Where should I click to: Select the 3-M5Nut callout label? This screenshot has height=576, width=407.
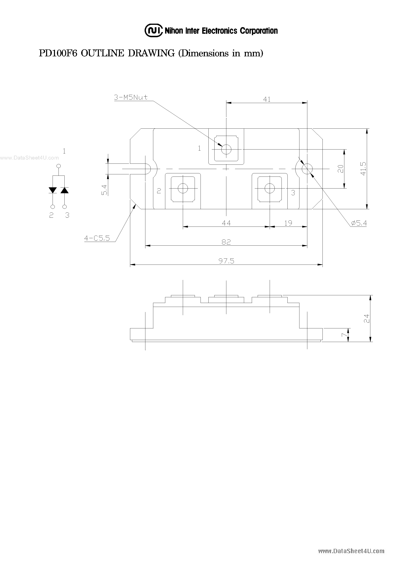[x=131, y=97]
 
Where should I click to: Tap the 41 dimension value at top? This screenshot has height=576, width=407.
[x=267, y=99]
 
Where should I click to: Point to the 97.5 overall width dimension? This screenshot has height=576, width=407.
[x=226, y=261]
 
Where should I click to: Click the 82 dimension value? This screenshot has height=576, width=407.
[x=226, y=242]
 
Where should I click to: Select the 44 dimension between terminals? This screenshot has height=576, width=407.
[x=226, y=223]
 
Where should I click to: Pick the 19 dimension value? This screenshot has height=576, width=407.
[x=288, y=223]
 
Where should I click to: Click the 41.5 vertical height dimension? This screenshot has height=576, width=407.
[x=363, y=169]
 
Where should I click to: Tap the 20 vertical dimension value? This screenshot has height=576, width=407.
[x=340, y=169]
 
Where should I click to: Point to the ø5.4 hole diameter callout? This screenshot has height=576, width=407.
[x=359, y=223]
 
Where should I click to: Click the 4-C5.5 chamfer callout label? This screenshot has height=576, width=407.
[x=97, y=238]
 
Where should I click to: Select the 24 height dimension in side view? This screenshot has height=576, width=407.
[x=367, y=318]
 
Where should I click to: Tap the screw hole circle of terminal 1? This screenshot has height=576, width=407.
[x=226, y=150]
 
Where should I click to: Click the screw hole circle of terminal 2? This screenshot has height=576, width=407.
[x=183, y=188]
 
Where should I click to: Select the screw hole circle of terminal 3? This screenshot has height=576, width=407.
[x=269, y=188]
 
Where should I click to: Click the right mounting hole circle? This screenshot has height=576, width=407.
[x=307, y=169]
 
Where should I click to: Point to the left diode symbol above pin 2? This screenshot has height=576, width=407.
[x=53, y=190]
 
